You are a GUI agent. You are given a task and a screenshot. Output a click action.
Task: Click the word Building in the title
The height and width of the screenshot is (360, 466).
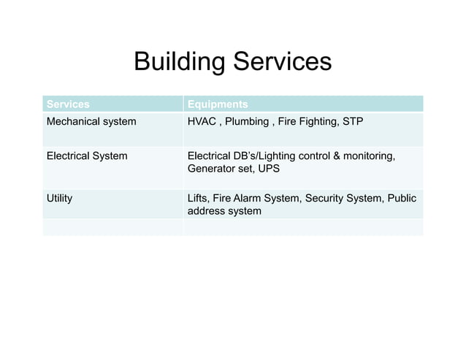tap(180, 62)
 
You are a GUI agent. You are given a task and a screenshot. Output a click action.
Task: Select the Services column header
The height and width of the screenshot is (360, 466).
tap(68, 104)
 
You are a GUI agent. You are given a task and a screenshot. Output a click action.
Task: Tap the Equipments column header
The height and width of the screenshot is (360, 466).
tap(218, 104)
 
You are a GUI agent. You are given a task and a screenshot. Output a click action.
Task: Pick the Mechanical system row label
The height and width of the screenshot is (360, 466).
tap(91, 121)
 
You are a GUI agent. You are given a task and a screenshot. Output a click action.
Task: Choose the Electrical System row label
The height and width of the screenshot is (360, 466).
tap(87, 156)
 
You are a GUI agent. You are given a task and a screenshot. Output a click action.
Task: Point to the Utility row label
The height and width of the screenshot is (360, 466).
tap(59, 198)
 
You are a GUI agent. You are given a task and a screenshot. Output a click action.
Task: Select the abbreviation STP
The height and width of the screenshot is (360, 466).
tap(352, 121)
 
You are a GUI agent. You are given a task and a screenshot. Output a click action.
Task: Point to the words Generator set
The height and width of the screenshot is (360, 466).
tap(216, 169)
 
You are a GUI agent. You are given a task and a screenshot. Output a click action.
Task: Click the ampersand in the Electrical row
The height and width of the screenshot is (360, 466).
tap(337, 156)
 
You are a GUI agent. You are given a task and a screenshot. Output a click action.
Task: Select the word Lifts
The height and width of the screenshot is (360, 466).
tap(198, 198)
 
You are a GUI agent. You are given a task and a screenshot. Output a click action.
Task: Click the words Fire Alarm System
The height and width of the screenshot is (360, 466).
tap(256, 198)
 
